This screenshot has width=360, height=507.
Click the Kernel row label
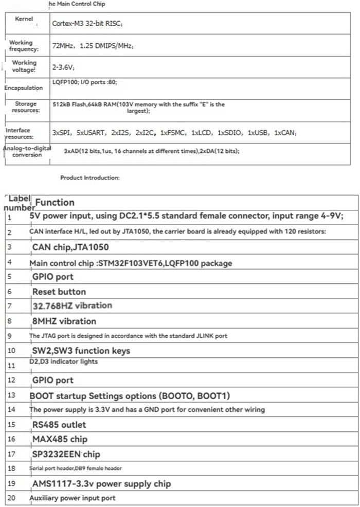23,19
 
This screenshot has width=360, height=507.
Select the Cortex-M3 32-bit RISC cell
87,24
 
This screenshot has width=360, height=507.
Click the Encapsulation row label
24,88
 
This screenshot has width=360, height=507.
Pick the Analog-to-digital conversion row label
27,151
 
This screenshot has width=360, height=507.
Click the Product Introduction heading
90,178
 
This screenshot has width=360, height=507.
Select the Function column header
55,202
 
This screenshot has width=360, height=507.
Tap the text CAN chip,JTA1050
70,247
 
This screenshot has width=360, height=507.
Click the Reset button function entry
59,292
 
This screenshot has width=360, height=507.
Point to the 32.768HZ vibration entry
72,305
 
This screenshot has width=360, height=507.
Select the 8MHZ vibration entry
64,321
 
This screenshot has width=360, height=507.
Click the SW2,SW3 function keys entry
81,351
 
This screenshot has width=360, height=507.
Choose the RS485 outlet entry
59,425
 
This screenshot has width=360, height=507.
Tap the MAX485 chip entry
60,439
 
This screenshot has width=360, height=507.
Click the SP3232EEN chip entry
66,454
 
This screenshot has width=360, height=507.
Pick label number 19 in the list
12,484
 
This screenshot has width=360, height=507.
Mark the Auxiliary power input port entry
73,498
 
